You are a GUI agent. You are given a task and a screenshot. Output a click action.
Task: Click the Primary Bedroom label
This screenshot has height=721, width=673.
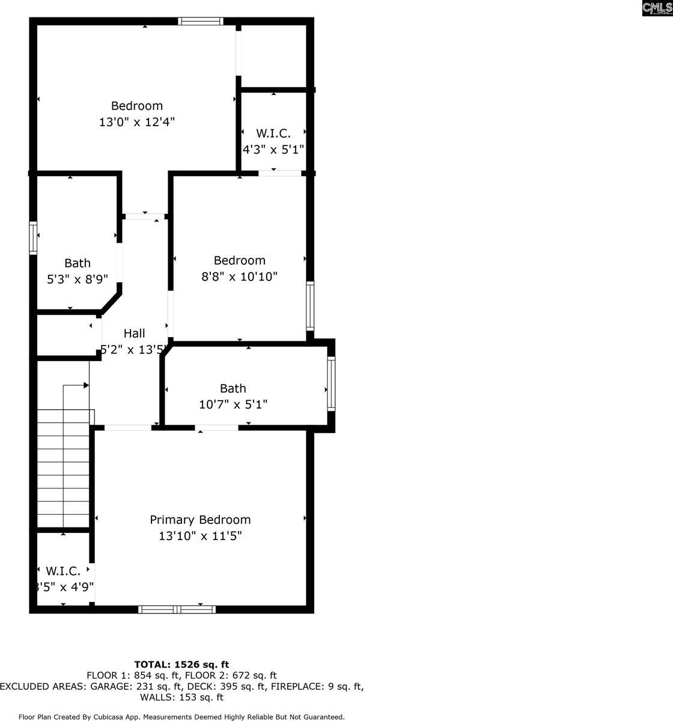tap(200, 520)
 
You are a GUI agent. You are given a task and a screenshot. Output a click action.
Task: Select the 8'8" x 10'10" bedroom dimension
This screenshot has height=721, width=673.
tap(239, 276)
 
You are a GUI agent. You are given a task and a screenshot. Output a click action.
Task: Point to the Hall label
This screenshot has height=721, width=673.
tap(134, 333)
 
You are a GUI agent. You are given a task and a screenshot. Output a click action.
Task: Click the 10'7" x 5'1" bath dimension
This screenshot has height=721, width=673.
tap(233, 404)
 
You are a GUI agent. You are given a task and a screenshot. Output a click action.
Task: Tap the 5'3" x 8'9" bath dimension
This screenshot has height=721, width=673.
tap(78, 279)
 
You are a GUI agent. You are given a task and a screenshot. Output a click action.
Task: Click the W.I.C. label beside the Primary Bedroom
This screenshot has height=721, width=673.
tap(62, 571)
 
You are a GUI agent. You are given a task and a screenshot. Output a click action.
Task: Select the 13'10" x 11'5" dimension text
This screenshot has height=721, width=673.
tap(200, 536)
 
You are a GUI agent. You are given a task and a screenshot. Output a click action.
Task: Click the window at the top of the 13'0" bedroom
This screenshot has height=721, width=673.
tap(201, 22)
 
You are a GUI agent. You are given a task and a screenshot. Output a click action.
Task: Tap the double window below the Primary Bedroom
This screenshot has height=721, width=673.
tap(177, 609)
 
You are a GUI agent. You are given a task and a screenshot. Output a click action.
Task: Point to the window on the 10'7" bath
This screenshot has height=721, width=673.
tap(331, 384)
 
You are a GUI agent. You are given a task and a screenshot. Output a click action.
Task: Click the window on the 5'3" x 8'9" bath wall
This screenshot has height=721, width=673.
tap(34, 238)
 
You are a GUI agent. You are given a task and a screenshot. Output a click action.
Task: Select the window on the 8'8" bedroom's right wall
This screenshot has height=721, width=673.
tap(310, 306)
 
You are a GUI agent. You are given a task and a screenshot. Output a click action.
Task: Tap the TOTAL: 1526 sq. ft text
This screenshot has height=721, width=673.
tap(181, 665)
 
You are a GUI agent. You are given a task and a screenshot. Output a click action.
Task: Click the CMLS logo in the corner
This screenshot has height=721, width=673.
tap(656, 8)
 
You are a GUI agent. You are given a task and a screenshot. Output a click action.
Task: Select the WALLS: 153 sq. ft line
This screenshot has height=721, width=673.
tap(181, 698)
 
